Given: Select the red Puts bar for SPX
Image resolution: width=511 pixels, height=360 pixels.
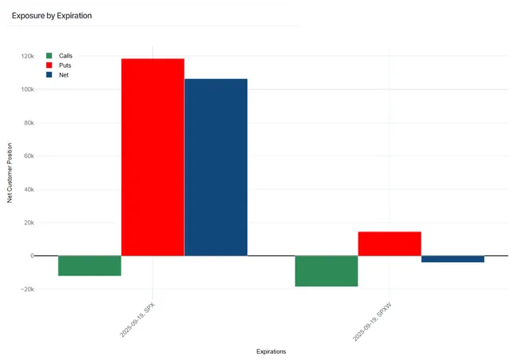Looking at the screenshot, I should [153, 157].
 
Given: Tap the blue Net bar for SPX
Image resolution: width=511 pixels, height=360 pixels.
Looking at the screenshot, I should [216, 167].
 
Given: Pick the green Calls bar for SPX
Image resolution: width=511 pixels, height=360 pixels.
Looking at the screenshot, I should [89, 266].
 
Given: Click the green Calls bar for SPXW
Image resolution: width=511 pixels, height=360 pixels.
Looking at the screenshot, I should [327, 271].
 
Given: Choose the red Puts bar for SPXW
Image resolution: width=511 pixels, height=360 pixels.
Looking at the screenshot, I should [390, 243].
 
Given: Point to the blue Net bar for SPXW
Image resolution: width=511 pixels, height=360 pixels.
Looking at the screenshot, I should [453, 259].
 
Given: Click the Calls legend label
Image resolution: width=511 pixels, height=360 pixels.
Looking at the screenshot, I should [65, 56].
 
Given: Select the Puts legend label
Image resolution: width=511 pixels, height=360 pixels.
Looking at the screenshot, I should [65, 65].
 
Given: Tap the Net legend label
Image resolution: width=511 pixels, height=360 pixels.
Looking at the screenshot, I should [64, 75].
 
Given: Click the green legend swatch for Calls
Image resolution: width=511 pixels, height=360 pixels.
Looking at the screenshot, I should [50, 56].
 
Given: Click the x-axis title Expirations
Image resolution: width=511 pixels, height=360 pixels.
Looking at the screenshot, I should [271, 351].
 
